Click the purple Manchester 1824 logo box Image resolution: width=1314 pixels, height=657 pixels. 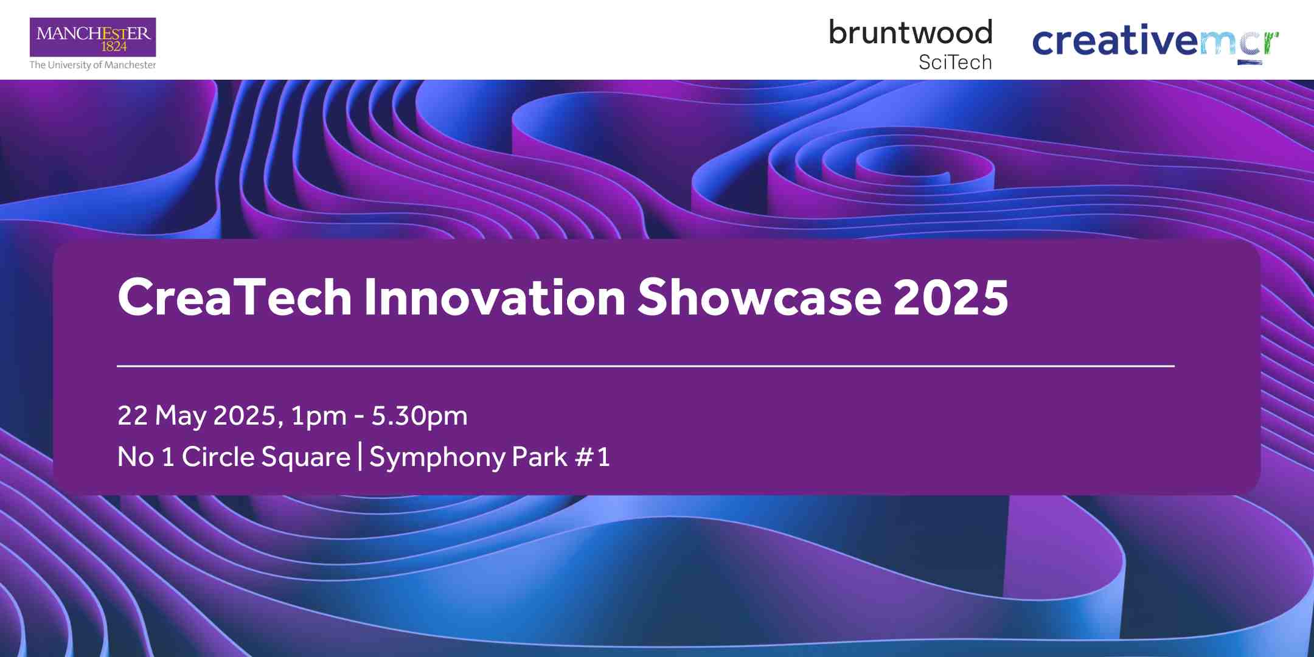(x=93, y=37)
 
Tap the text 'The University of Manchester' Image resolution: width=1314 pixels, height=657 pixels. (x=93, y=65)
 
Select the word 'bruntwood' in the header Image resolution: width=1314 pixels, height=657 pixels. (x=911, y=32)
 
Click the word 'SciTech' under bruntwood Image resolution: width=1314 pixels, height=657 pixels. (x=955, y=62)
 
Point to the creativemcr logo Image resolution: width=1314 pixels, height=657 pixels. (x=1156, y=41)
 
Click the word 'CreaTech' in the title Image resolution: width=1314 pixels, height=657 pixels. (x=235, y=297)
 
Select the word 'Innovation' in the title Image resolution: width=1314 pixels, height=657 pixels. (x=495, y=297)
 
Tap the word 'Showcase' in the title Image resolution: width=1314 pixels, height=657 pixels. (x=759, y=297)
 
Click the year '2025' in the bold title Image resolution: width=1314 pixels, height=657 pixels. (x=951, y=297)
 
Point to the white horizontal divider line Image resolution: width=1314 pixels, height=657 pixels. (x=645, y=366)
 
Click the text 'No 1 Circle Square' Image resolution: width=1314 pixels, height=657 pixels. (x=234, y=457)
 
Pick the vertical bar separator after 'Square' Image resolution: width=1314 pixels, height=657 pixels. (x=361, y=457)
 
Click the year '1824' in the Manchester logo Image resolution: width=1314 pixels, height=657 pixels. (x=114, y=47)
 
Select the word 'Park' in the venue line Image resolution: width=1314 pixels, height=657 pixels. (x=540, y=457)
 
